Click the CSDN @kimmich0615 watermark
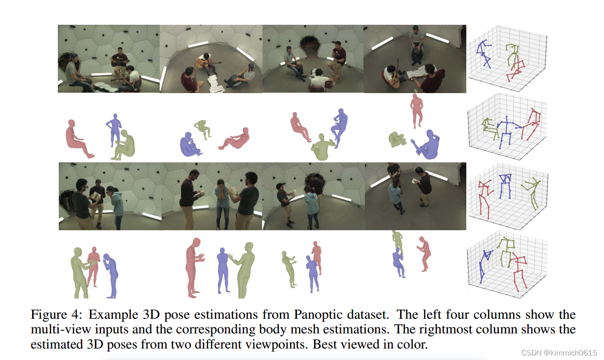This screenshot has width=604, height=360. point(559,352)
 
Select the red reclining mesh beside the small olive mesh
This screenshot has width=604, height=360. point(235,139)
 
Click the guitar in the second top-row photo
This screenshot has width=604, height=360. point(207,63)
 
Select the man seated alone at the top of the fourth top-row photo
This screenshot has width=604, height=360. point(416,44)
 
